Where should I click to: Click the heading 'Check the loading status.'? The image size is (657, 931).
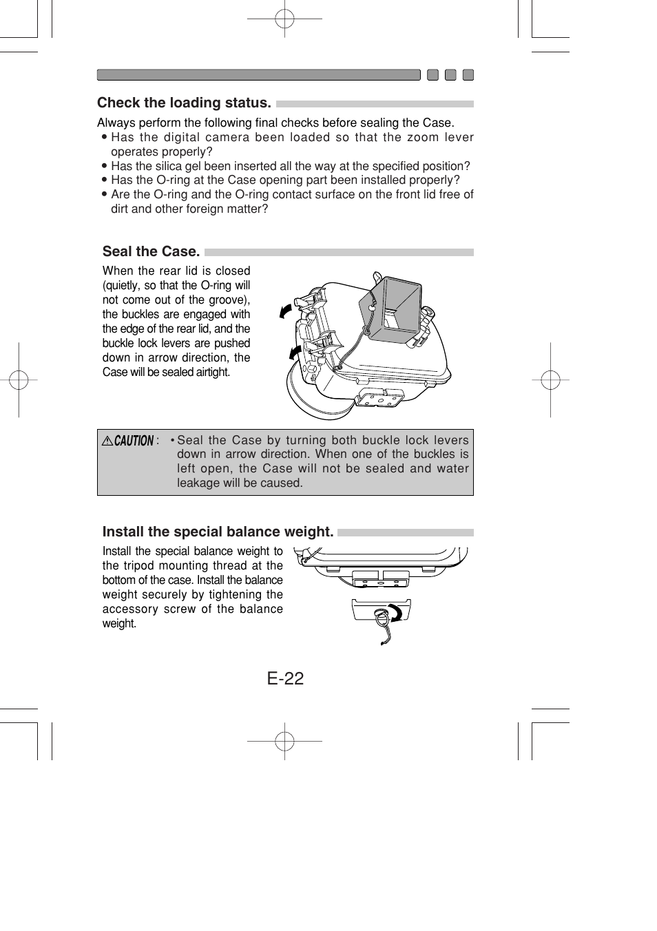(x=184, y=103)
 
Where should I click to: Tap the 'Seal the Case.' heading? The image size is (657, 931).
(x=151, y=251)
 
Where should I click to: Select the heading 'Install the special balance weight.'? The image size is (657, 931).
(x=218, y=532)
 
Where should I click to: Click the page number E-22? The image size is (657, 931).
(x=285, y=678)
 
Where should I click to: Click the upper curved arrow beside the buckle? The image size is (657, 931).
(x=286, y=311)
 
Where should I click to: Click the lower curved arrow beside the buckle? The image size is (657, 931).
(x=295, y=353)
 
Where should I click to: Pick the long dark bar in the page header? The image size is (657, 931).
(x=258, y=75)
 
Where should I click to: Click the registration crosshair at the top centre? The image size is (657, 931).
(x=284, y=19)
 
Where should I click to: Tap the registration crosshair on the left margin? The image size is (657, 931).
(x=19, y=379)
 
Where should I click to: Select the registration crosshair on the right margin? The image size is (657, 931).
(x=550, y=379)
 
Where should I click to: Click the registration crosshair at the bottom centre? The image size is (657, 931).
(x=284, y=741)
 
